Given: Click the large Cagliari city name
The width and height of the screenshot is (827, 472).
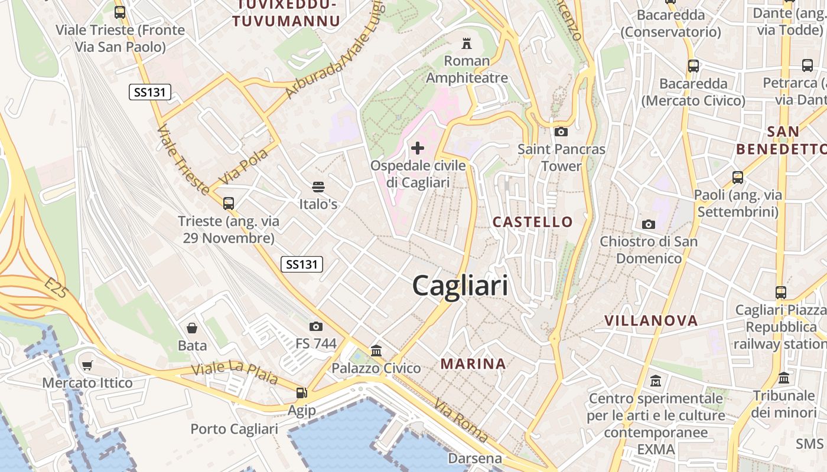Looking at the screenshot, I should coord(460,286).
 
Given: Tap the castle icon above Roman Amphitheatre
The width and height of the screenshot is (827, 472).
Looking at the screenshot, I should coord(467,43).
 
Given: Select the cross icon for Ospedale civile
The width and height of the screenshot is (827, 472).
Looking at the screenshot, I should coord(418,147).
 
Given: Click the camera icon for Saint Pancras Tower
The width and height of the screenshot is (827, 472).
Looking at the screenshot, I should coord(561,132).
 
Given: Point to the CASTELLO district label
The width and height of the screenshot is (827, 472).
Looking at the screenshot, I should coord(533,222).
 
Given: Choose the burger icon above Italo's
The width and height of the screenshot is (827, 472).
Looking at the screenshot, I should coord(318,187).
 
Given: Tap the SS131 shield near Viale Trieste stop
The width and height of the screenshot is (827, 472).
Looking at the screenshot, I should coord(150,92).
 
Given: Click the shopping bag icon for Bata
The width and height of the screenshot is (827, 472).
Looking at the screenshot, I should coord(192,328).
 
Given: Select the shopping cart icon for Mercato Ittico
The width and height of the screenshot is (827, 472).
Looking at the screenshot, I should coord(87,366).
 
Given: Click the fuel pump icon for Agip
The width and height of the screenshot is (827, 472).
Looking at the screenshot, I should coord(301,393).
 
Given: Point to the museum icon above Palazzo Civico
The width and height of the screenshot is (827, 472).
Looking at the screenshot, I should coord(376,351).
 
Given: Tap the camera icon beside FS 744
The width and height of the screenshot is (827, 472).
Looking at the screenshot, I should coord(316,326).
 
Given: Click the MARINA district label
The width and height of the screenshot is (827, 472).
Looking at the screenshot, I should coord(473,364).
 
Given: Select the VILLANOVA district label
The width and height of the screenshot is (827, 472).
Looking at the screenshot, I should coord(651,321).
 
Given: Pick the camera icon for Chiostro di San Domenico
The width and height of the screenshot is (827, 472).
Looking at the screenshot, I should coord(649,224).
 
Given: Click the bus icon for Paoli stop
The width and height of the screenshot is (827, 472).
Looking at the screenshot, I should coord(737,177).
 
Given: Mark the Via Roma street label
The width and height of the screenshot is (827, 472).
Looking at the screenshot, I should coord(461,421).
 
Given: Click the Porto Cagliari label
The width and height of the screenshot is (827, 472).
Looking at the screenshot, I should coord(234,429).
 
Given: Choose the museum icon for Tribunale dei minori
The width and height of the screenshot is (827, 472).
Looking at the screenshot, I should coord(784,378).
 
